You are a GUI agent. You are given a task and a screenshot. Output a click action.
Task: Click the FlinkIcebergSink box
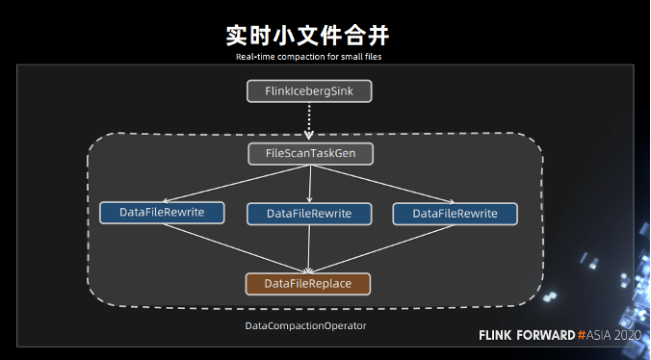coord(308,91)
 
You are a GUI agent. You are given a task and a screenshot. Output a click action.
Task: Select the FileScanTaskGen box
coord(308,153)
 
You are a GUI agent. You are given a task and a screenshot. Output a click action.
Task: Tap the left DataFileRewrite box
coord(162,211)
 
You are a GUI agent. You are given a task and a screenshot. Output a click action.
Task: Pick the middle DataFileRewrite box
coord(309,213)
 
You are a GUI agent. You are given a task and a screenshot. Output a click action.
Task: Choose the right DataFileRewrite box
coord(456,213)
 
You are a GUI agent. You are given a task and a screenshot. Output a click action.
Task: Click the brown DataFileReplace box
coord(308,283)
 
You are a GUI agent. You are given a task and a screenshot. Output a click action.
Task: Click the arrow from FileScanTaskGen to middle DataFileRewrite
coord(309,183)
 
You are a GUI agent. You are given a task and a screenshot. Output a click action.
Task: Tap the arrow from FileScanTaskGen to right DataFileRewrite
coord(383,183)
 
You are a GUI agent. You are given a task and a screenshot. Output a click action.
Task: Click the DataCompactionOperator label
coord(305,326)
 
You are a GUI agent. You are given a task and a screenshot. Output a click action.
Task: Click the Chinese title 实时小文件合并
coord(307,36)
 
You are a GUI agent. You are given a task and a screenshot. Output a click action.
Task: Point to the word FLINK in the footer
coord(498,335)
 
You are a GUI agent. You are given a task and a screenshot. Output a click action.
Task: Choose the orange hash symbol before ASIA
coord(583,335)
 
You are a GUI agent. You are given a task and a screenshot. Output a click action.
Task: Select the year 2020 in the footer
coord(627,335)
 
